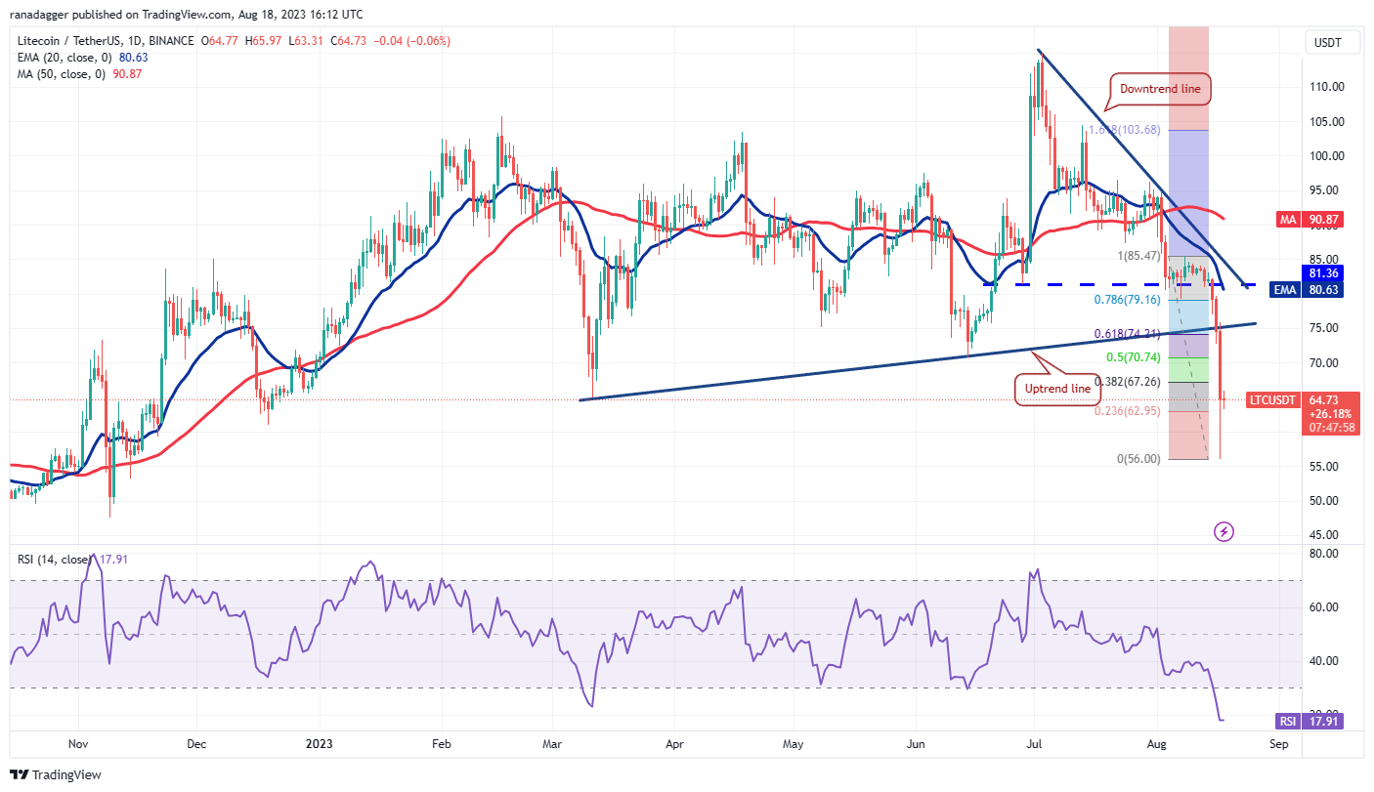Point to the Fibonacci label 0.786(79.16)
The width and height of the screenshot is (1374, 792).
(1128, 300)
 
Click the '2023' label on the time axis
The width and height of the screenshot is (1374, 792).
(320, 743)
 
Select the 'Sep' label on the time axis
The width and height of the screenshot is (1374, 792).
(1278, 743)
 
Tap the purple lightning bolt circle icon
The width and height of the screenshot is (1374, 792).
(1224, 531)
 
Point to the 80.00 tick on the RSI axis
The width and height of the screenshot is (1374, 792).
(1324, 554)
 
